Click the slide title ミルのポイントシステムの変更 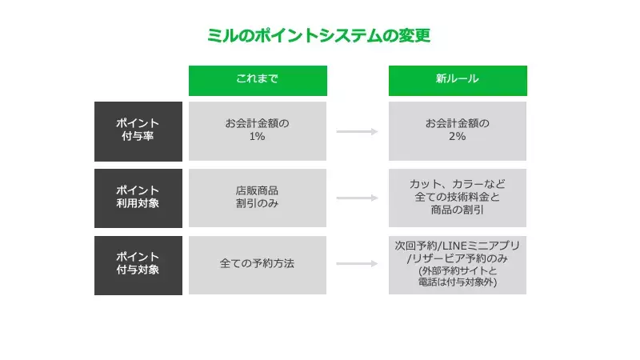[318, 36]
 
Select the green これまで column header [258, 80]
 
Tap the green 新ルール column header [458, 80]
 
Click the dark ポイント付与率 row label [138, 130]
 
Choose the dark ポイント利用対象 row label [138, 198]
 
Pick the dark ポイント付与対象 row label [138, 265]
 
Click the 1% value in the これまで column [258, 137]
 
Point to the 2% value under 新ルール [458, 137]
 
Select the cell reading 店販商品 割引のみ [258, 198]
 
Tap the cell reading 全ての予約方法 [258, 263]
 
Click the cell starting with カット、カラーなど [458, 198]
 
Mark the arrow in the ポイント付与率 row [357, 131]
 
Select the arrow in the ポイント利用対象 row [357, 198]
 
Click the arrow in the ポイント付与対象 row [357, 264]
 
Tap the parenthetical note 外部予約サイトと [458, 270]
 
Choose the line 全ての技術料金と [458, 198]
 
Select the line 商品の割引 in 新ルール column [458, 210]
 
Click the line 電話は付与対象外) [458, 282]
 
